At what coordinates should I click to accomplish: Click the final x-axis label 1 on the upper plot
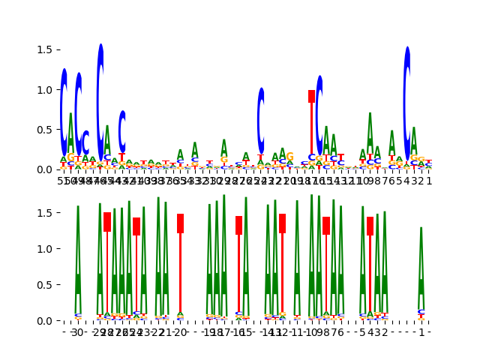429,181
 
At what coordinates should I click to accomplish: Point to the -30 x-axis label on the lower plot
76,332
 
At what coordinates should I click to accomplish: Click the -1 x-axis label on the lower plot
421,332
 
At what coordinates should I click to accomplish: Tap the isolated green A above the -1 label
421,270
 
